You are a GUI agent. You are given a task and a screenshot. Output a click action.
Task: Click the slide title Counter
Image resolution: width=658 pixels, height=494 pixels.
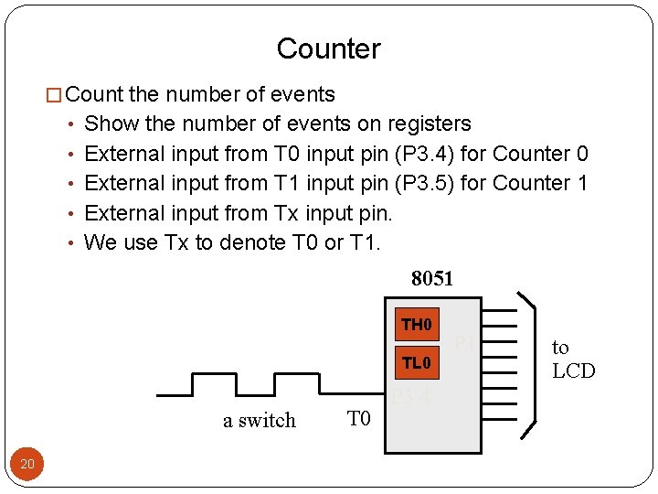click(328, 48)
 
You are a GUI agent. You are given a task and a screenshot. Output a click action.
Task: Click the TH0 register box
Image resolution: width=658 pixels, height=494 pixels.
click(416, 326)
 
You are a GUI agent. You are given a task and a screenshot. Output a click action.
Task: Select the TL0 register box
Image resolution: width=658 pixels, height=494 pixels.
click(416, 364)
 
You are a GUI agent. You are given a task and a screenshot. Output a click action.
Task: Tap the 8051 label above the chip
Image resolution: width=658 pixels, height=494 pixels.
click(432, 278)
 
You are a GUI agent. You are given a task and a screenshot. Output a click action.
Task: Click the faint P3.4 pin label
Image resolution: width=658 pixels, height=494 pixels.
click(410, 397)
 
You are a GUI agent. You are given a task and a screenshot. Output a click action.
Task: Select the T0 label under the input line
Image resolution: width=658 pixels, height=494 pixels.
click(359, 419)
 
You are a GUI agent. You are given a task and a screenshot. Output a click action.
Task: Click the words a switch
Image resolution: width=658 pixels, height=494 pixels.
click(260, 421)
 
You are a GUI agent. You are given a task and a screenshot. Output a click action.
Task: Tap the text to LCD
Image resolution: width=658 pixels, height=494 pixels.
click(573, 359)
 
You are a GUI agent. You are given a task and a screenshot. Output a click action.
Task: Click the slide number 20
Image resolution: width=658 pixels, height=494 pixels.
click(27, 465)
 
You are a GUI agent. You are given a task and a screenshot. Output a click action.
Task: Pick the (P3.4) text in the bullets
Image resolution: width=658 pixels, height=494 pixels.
click(425, 154)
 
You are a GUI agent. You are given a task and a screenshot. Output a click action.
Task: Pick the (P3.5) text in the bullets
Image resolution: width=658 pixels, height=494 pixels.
click(425, 183)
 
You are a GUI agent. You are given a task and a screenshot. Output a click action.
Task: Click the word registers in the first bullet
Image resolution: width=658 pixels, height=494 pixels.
click(429, 123)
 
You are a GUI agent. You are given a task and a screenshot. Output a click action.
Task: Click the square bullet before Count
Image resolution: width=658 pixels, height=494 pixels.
click(54, 94)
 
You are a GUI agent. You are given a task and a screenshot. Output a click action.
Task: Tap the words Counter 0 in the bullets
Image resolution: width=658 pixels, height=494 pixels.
click(540, 154)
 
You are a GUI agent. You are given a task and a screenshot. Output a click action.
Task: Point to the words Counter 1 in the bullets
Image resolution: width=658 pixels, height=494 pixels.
click(540, 183)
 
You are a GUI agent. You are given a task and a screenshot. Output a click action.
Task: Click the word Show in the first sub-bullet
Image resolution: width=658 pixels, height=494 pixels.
click(108, 123)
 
